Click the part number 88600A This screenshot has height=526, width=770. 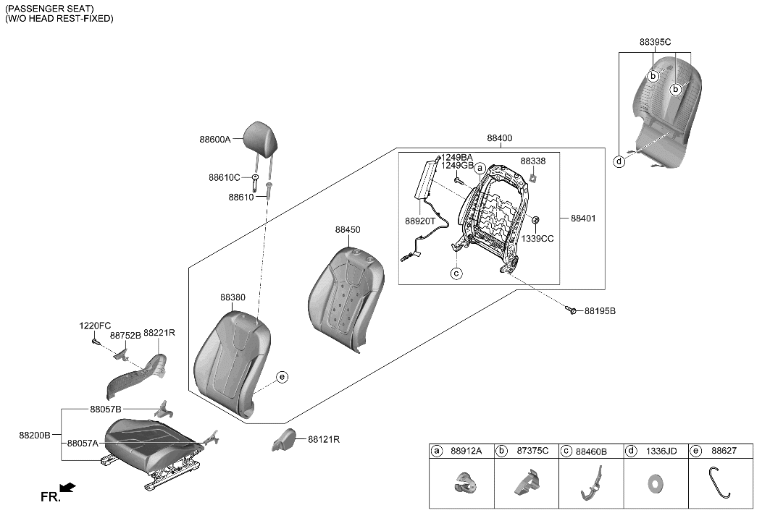click(x=214, y=140)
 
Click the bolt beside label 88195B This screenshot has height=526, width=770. click(x=572, y=310)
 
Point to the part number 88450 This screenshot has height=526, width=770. click(x=347, y=229)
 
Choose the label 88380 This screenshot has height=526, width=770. click(x=233, y=297)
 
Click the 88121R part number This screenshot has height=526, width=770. click(x=324, y=439)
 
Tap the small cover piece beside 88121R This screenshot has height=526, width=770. click(x=287, y=438)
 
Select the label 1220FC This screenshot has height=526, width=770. click(x=95, y=326)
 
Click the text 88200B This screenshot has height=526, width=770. click(x=35, y=436)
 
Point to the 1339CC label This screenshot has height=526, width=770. click(x=537, y=238)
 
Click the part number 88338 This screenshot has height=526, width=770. click(x=532, y=161)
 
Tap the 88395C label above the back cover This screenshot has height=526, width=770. click(x=655, y=43)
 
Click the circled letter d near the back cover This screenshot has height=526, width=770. click(x=619, y=161)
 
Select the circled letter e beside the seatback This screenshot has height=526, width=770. click(x=282, y=376)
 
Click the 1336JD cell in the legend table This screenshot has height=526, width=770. click(x=656, y=451)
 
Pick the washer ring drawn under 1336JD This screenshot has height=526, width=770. click(x=655, y=482)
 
